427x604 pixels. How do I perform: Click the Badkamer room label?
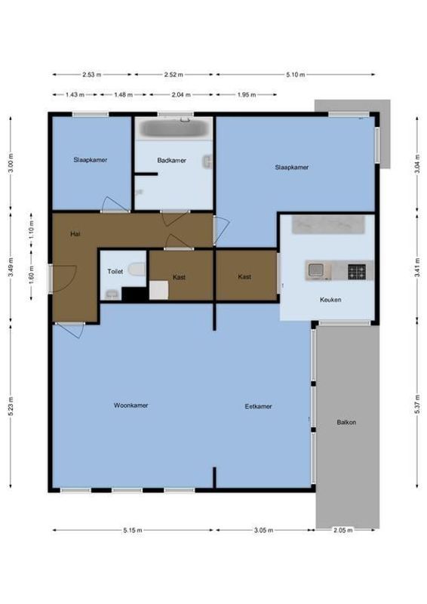point(171,161)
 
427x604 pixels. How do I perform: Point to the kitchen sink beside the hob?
point(315,270)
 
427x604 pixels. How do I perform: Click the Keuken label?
point(330,300)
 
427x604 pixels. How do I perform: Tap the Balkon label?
point(346,422)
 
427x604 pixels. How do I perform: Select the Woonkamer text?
point(131,405)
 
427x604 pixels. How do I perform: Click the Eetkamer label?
point(258,406)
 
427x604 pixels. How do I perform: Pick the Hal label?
point(75,234)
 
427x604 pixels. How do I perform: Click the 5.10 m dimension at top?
point(295,75)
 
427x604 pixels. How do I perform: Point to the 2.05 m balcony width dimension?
point(343,531)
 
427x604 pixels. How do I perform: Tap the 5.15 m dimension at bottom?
point(133,531)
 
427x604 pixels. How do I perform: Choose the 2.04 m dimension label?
point(181,95)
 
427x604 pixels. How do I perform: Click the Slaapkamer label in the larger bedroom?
point(291,168)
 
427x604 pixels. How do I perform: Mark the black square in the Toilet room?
point(134,295)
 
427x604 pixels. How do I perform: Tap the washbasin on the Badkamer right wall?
point(207,161)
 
